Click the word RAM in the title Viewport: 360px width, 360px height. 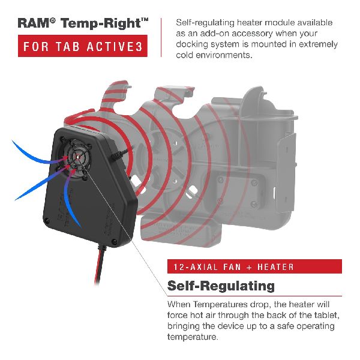(33, 23)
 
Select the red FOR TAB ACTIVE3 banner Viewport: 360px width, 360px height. (83, 46)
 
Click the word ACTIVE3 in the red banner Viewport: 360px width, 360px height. (115, 46)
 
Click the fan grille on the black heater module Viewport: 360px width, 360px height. (77, 157)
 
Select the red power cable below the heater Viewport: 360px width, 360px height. (99, 264)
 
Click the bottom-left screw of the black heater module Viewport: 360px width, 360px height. (47, 221)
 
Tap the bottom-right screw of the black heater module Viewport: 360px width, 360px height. (113, 241)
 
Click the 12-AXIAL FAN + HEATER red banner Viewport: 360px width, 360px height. (254, 266)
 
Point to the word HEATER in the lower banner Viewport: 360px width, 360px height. (275, 267)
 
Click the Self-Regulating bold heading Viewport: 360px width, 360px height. (221, 286)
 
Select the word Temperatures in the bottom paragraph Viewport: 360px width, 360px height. (220, 304)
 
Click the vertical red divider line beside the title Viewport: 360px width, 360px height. (161, 37)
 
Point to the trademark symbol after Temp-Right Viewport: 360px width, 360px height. (145, 20)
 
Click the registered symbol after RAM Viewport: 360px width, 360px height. (53, 21)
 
